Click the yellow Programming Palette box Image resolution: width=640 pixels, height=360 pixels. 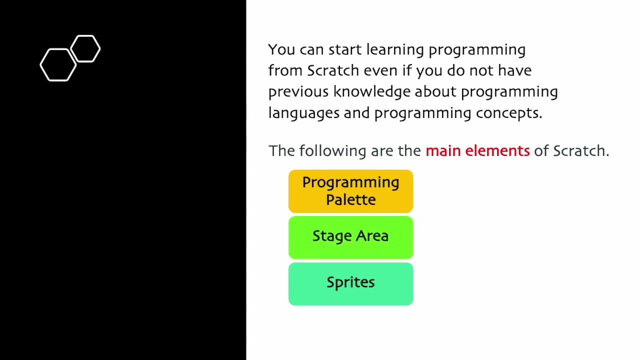350,191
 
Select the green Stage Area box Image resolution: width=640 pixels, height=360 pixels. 350,237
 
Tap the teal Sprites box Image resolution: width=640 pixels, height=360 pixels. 350,283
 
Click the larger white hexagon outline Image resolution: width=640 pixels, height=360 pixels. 58,65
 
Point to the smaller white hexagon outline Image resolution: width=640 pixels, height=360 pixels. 85,49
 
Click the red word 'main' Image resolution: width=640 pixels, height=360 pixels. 443,151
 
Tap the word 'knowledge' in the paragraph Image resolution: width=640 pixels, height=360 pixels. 371,92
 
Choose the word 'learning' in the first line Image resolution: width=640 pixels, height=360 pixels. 395,50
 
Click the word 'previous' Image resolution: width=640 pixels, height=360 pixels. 298,92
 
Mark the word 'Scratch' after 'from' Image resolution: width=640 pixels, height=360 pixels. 333,71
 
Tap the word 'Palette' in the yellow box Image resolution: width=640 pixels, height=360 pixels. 350,200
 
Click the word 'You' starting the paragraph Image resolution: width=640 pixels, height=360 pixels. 281,50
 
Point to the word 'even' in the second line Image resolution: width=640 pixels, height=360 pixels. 380,71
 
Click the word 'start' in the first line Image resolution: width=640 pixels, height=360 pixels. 345,50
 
